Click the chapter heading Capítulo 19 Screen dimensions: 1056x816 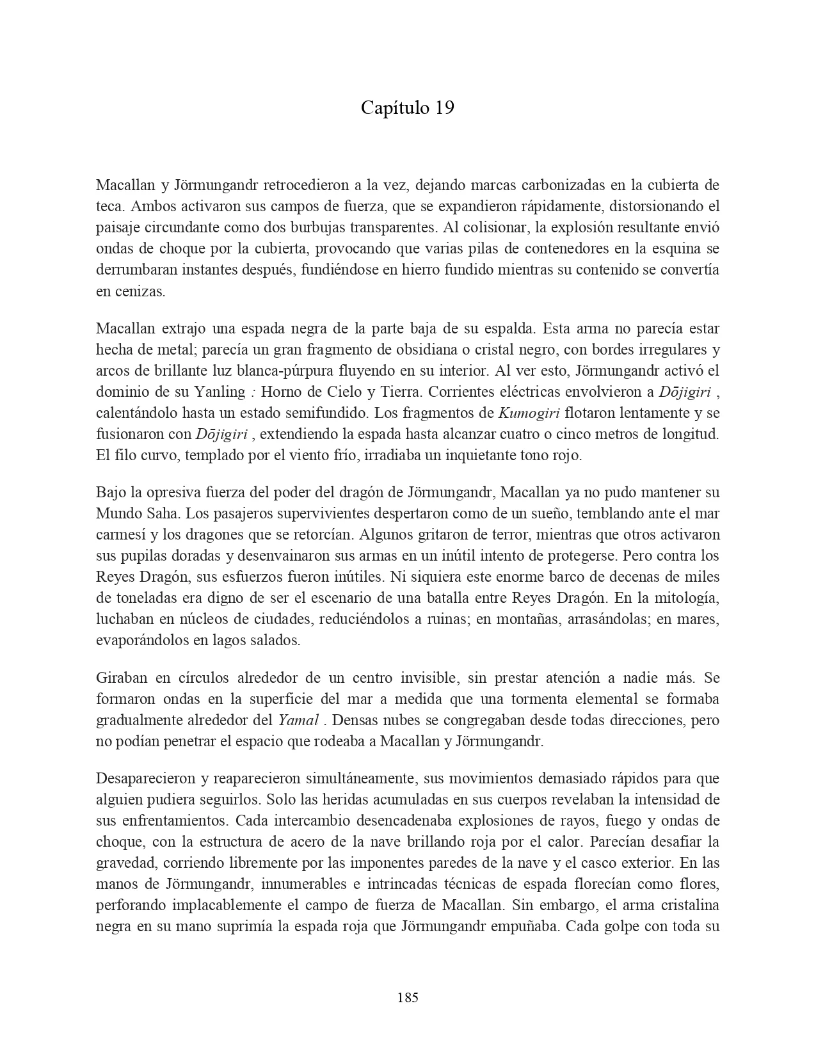[407, 108]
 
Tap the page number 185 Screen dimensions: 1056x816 [408, 997]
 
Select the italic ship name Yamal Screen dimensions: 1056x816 [298, 720]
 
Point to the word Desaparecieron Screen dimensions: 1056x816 [145, 779]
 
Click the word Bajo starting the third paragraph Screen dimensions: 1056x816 [111, 493]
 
